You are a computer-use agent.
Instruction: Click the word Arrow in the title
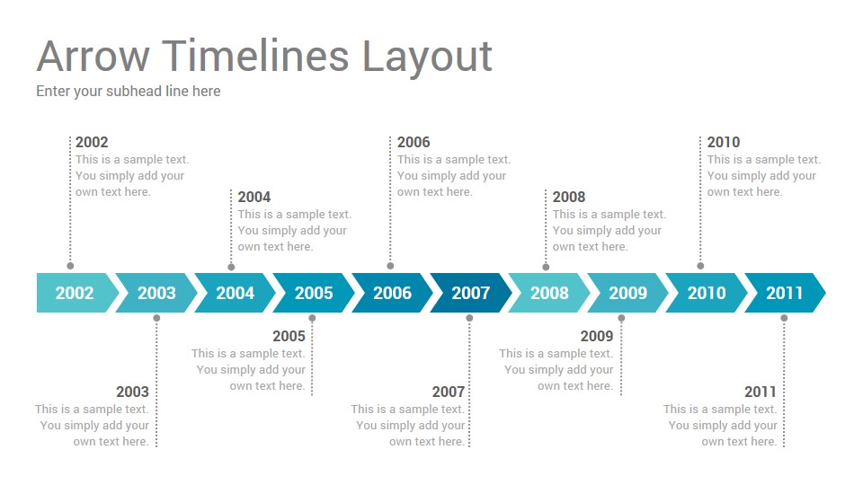tap(93, 56)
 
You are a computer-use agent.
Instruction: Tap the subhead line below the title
tap(129, 92)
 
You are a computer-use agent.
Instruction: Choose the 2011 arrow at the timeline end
tap(785, 293)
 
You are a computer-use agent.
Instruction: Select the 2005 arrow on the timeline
tap(314, 293)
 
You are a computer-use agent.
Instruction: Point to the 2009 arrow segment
tap(628, 293)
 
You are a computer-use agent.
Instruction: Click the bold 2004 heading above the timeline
tap(254, 197)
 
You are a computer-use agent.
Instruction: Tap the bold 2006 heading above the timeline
tap(414, 142)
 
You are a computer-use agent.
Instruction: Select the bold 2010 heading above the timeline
tap(723, 142)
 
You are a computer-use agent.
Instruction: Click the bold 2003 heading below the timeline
tap(133, 392)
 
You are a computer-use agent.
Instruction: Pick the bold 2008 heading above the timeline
tap(569, 197)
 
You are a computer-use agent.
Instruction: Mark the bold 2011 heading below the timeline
tap(761, 392)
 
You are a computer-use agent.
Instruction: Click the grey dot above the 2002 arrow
tap(70, 266)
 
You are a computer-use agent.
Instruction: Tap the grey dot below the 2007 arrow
tap(469, 318)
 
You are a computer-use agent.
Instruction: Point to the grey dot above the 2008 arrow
tap(546, 267)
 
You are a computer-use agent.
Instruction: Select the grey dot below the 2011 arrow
tap(784, 318)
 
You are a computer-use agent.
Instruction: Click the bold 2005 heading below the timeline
tap(289, 336)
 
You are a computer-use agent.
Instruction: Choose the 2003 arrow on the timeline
tap(156, 293)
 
